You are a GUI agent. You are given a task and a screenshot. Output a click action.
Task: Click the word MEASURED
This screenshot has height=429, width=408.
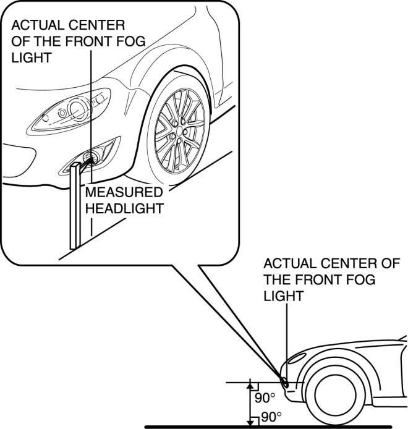124,192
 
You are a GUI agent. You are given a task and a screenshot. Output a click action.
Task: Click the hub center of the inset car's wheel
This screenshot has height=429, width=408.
181,130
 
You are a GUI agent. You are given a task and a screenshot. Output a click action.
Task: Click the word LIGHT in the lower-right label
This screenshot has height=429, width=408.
284,295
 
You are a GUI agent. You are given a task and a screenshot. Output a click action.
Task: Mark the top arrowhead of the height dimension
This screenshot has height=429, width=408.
250,384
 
